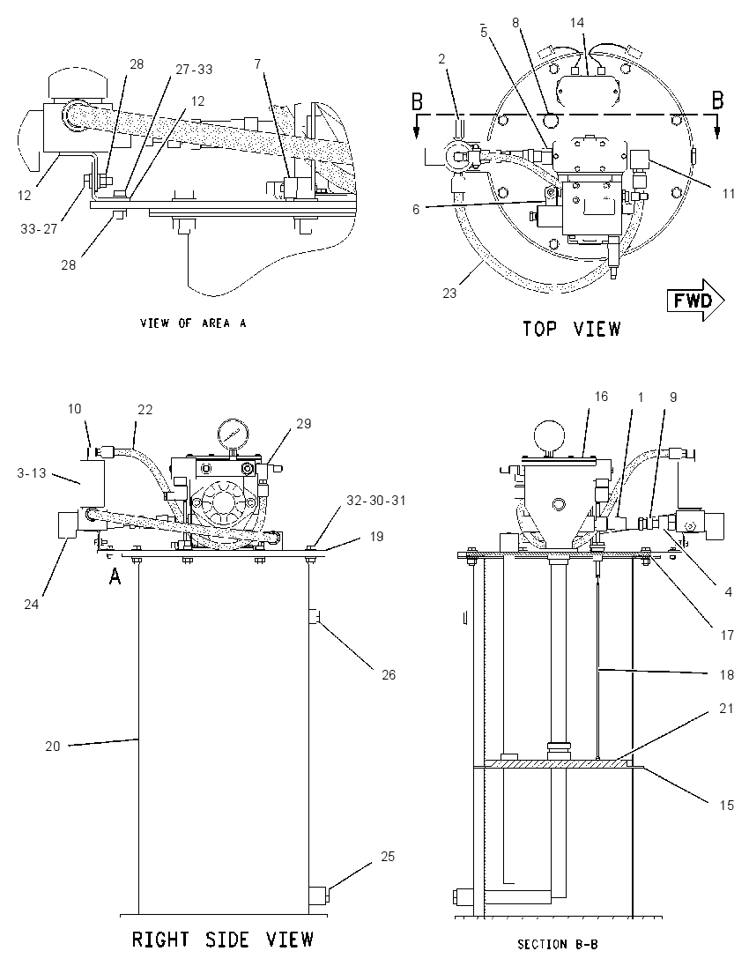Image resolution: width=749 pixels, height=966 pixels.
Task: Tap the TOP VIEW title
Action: (x=572, y=329)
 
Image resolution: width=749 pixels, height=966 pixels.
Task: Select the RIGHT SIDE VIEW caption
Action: (x=223, y=940)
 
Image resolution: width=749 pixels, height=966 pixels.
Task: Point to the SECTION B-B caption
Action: (x=558, y=944)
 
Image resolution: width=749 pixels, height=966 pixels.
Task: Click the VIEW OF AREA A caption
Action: (x=193, y=323)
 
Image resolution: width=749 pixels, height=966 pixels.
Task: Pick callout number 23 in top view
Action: (x=449, y=294)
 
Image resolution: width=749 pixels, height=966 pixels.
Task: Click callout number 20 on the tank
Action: (x=53, y=746)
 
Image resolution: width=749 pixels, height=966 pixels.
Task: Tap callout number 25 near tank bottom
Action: (x=388, y=857)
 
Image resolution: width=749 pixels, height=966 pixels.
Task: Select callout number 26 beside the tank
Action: (x=388, y=674)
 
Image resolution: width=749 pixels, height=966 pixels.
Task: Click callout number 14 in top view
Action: (x=576, y=23)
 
